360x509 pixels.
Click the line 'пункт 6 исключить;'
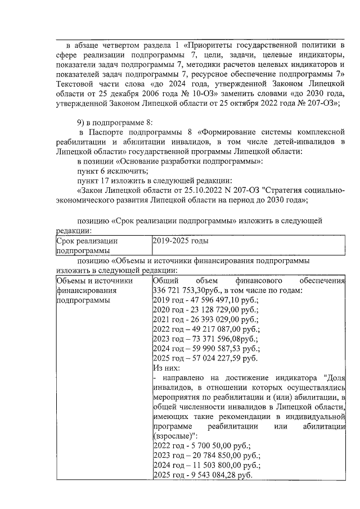tap(112, 170)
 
